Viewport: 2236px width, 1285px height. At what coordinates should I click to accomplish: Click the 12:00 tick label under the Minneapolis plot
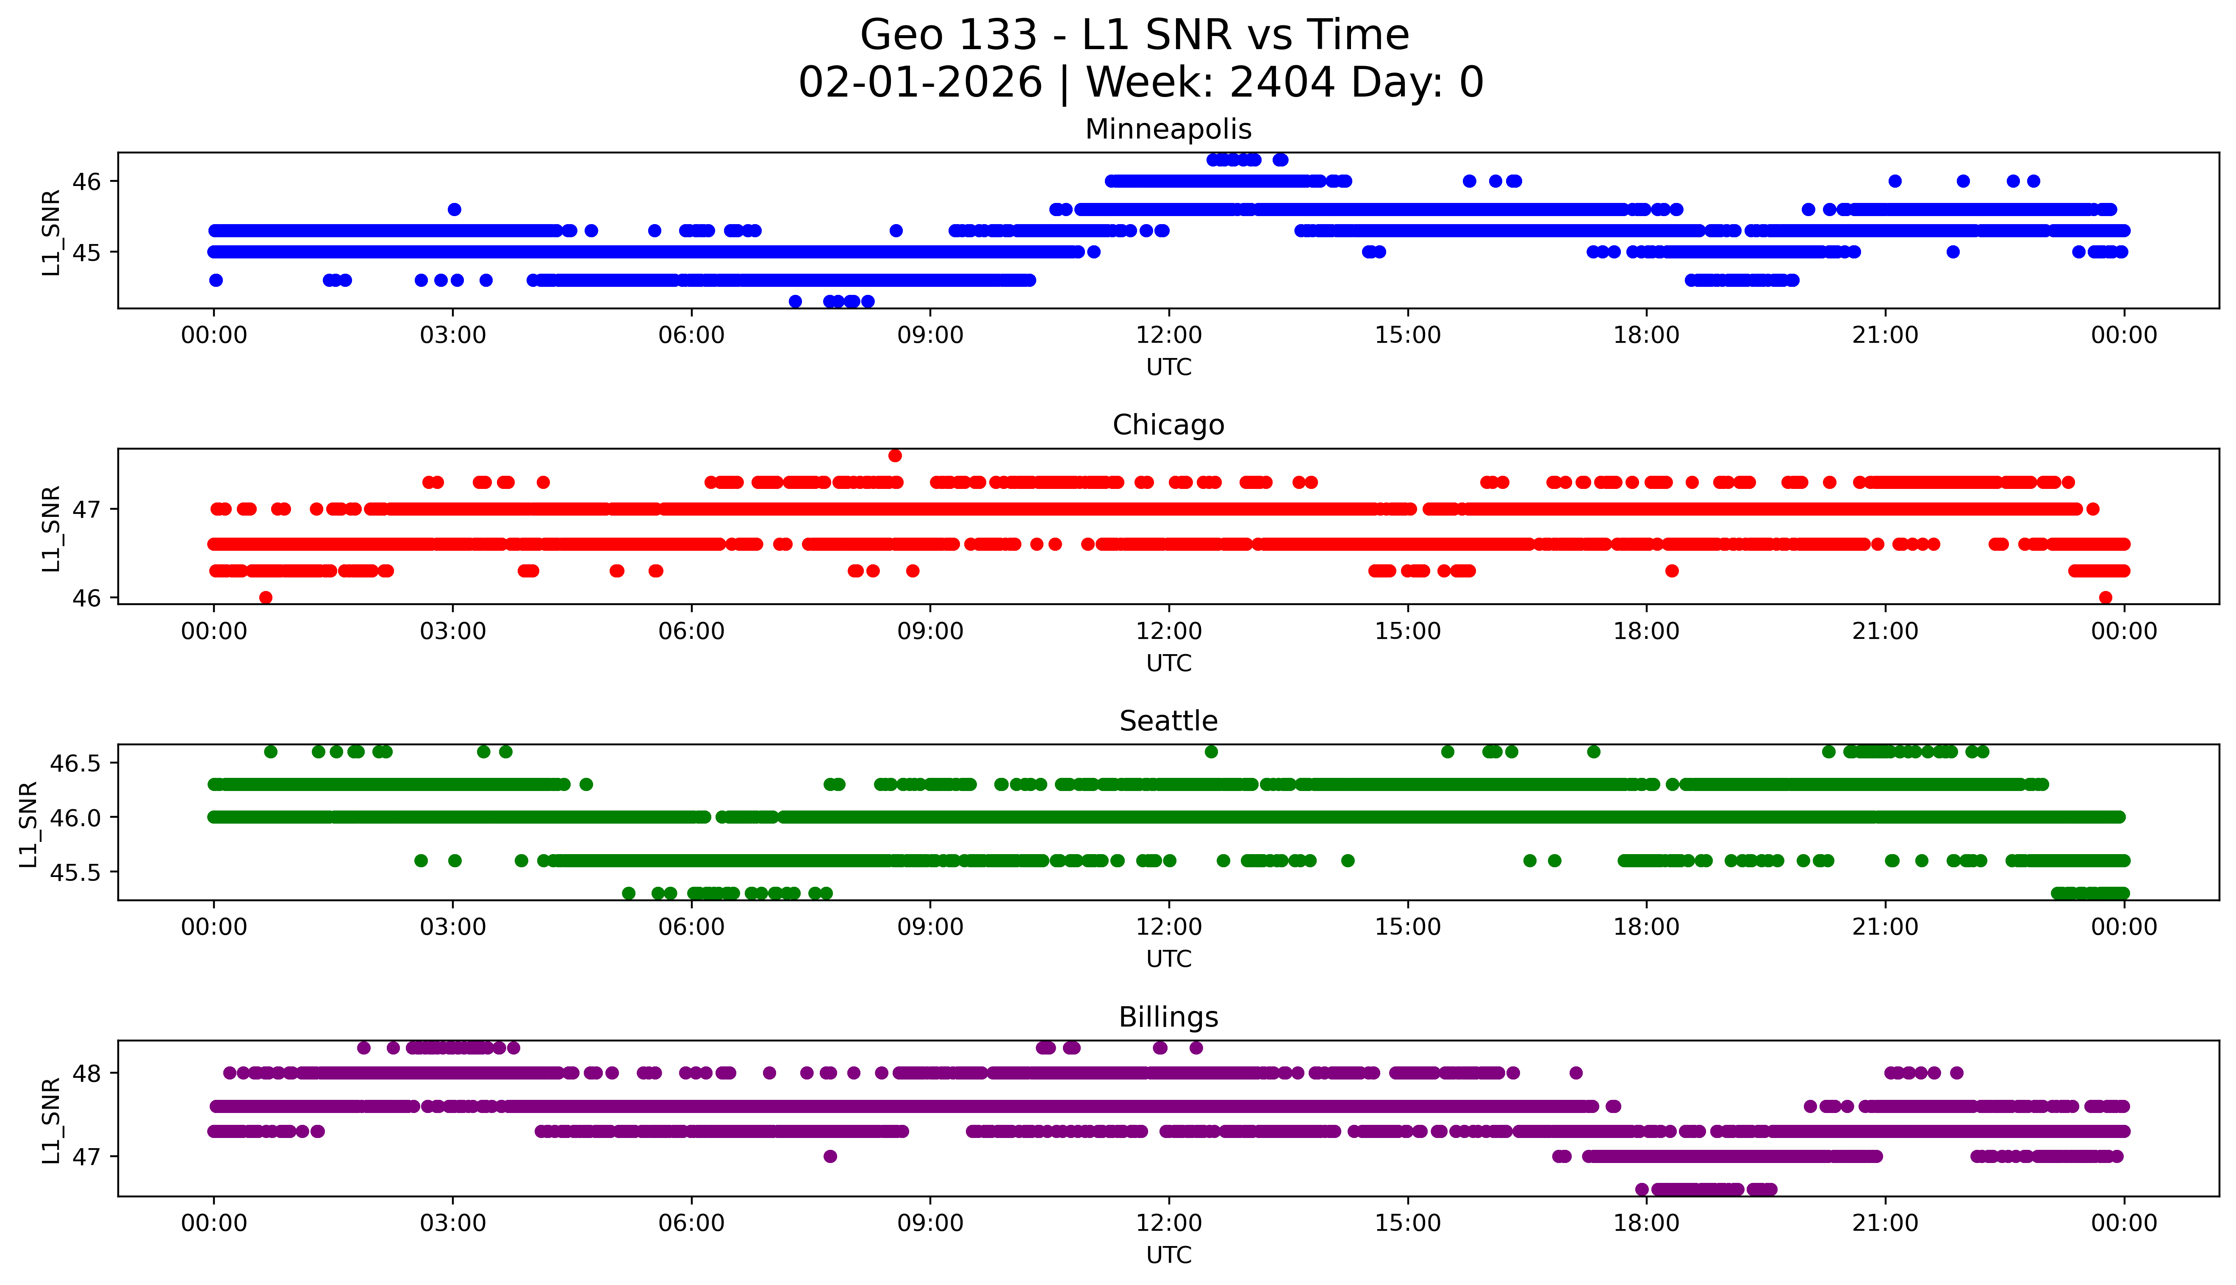(x=1168, y=336)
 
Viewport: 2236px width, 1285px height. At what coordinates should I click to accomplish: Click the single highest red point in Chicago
(x=895, y=455)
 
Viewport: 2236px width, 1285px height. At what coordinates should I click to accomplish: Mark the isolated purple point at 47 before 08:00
(x=829, y=1156)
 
